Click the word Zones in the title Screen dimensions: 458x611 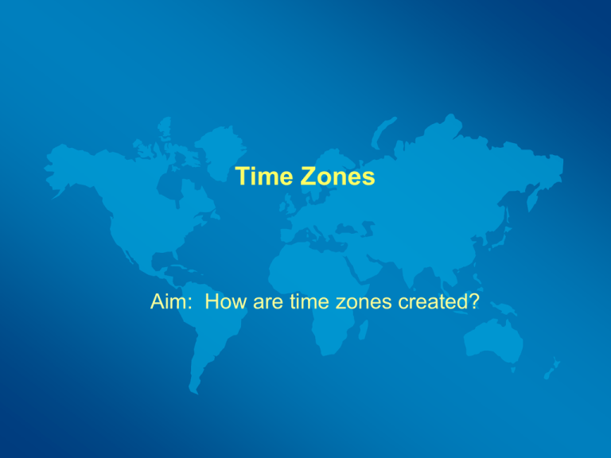pyautogui.click(x=337, y=177)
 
